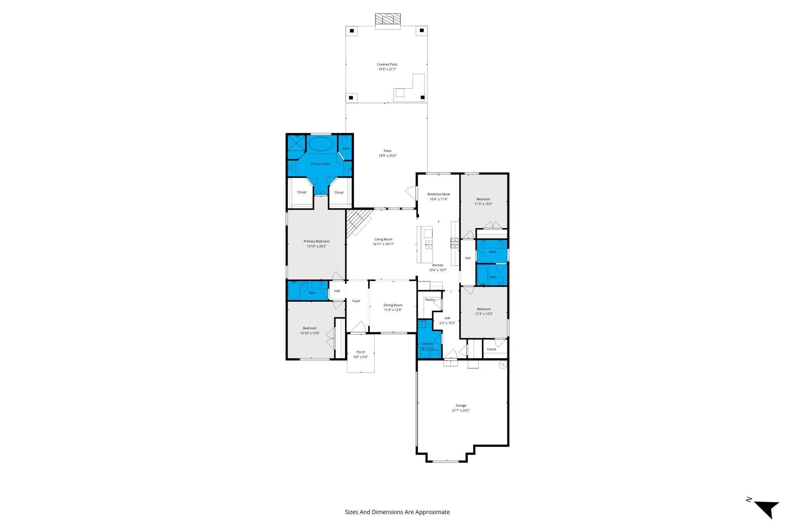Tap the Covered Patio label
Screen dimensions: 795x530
(387, 64)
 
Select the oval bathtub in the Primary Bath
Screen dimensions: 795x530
(320, 145)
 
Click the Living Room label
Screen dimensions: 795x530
(384, 240)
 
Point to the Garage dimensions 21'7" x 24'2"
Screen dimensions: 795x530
(461, 410)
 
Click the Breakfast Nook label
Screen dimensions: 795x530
(439, 194)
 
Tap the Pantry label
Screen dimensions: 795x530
(430, 300)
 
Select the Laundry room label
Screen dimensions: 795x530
(427, 344)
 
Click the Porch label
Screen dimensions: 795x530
(361, 352)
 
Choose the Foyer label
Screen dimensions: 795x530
(356, 301)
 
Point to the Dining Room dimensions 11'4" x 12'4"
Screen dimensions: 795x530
(393, 310)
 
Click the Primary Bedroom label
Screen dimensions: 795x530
(316, 242)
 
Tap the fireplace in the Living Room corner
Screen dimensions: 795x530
(358, 222)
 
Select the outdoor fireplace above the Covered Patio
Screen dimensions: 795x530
(387, 21)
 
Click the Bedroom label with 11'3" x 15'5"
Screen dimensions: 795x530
(483, 199)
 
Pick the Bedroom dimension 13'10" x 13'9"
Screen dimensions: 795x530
(309, 333)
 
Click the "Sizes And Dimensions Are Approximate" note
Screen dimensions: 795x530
(397, 512)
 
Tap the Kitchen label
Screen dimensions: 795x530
(437, 265)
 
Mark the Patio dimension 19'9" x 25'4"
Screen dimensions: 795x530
(387, 156)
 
